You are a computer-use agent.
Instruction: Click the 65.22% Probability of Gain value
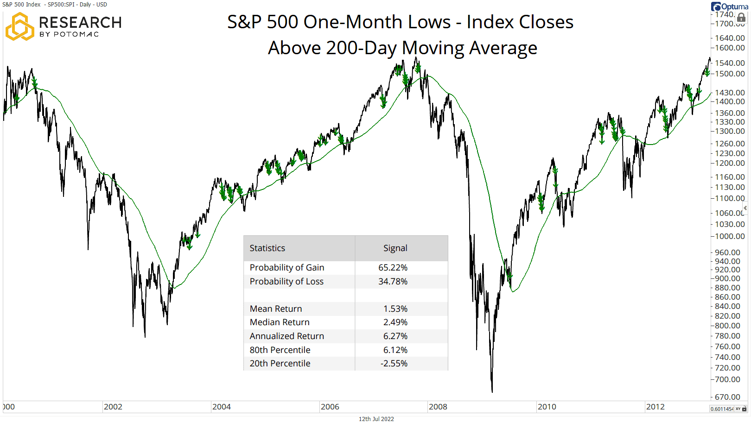pyautogui.click(x=393, y=267)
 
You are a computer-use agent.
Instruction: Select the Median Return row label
pyautogui.click(x=279, y=322)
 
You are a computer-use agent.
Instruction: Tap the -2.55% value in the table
pyautogui.click(x=394, y=363)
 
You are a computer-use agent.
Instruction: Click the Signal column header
pyautogui.click(x=395, y=248)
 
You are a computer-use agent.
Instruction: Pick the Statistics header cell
pyautogui.click(x=267, y=248)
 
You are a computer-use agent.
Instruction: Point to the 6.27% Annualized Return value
pyautogui.click(x=395, y=336)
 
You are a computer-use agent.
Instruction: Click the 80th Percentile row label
pyautogui.click(x=280, y=350)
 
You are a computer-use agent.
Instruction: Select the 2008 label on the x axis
pyautogui.click(x=438, y=407)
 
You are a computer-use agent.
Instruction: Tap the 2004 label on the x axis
pyautogui.click(x=221, y=407)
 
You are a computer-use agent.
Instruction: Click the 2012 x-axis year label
pyautogui.click(x=655, y=407)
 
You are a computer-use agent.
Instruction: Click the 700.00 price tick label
pyautogui.click(x=727, y=379)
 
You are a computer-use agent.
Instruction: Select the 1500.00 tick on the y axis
pyautogui.click(x=730, y=74)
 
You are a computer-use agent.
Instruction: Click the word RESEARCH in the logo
pyautogui.click(x=80, y=22)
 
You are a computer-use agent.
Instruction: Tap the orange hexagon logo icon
pyautogui.click(x=19, y=26)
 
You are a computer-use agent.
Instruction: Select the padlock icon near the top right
pyautogui.click(x=741, y=18)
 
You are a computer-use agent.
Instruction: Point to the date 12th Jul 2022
pyautogui.click(x=376, y=419)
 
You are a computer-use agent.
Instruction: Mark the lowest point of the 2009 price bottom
pyautogui.click(x=492, y=391)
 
